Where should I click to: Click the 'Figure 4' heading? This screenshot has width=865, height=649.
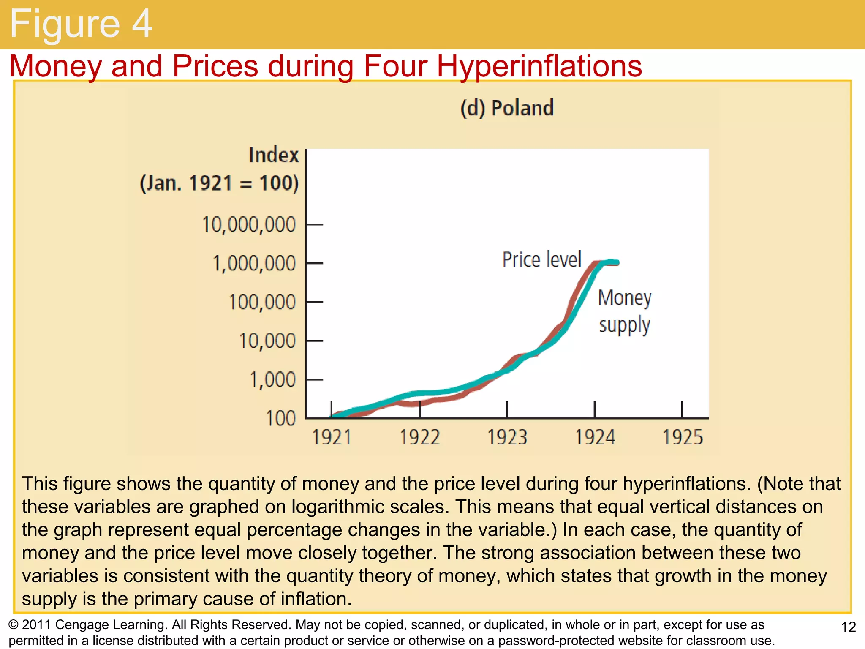pos(80,24)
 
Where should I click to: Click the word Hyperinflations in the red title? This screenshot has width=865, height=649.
pos(539,66)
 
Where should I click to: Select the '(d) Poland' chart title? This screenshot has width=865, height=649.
pos(507,108)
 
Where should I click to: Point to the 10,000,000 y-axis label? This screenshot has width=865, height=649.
pos(249,225)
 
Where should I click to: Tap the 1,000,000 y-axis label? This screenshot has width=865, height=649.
pos(254,264)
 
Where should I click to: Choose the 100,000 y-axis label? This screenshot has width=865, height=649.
pos(262,303)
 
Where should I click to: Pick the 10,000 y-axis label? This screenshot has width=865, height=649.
pos(267,341)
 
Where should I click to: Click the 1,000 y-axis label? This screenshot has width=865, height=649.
pos(273,380)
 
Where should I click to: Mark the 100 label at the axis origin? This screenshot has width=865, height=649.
pos(281,419)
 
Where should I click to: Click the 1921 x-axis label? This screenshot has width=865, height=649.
pos(332,437)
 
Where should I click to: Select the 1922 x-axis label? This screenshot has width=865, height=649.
pos(419,437)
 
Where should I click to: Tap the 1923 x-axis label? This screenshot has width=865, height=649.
pos(507,437)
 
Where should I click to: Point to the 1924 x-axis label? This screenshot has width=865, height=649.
pos(595,437)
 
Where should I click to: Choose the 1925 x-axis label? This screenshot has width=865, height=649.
pos(683,437)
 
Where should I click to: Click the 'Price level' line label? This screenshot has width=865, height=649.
pos(542,259)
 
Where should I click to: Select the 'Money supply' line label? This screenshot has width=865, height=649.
pos(625,311)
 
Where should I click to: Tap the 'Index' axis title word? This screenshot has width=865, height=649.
pos(274,155)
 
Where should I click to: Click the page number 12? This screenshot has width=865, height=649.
pos(849,627)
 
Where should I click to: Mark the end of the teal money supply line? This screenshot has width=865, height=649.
pos(617,262)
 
